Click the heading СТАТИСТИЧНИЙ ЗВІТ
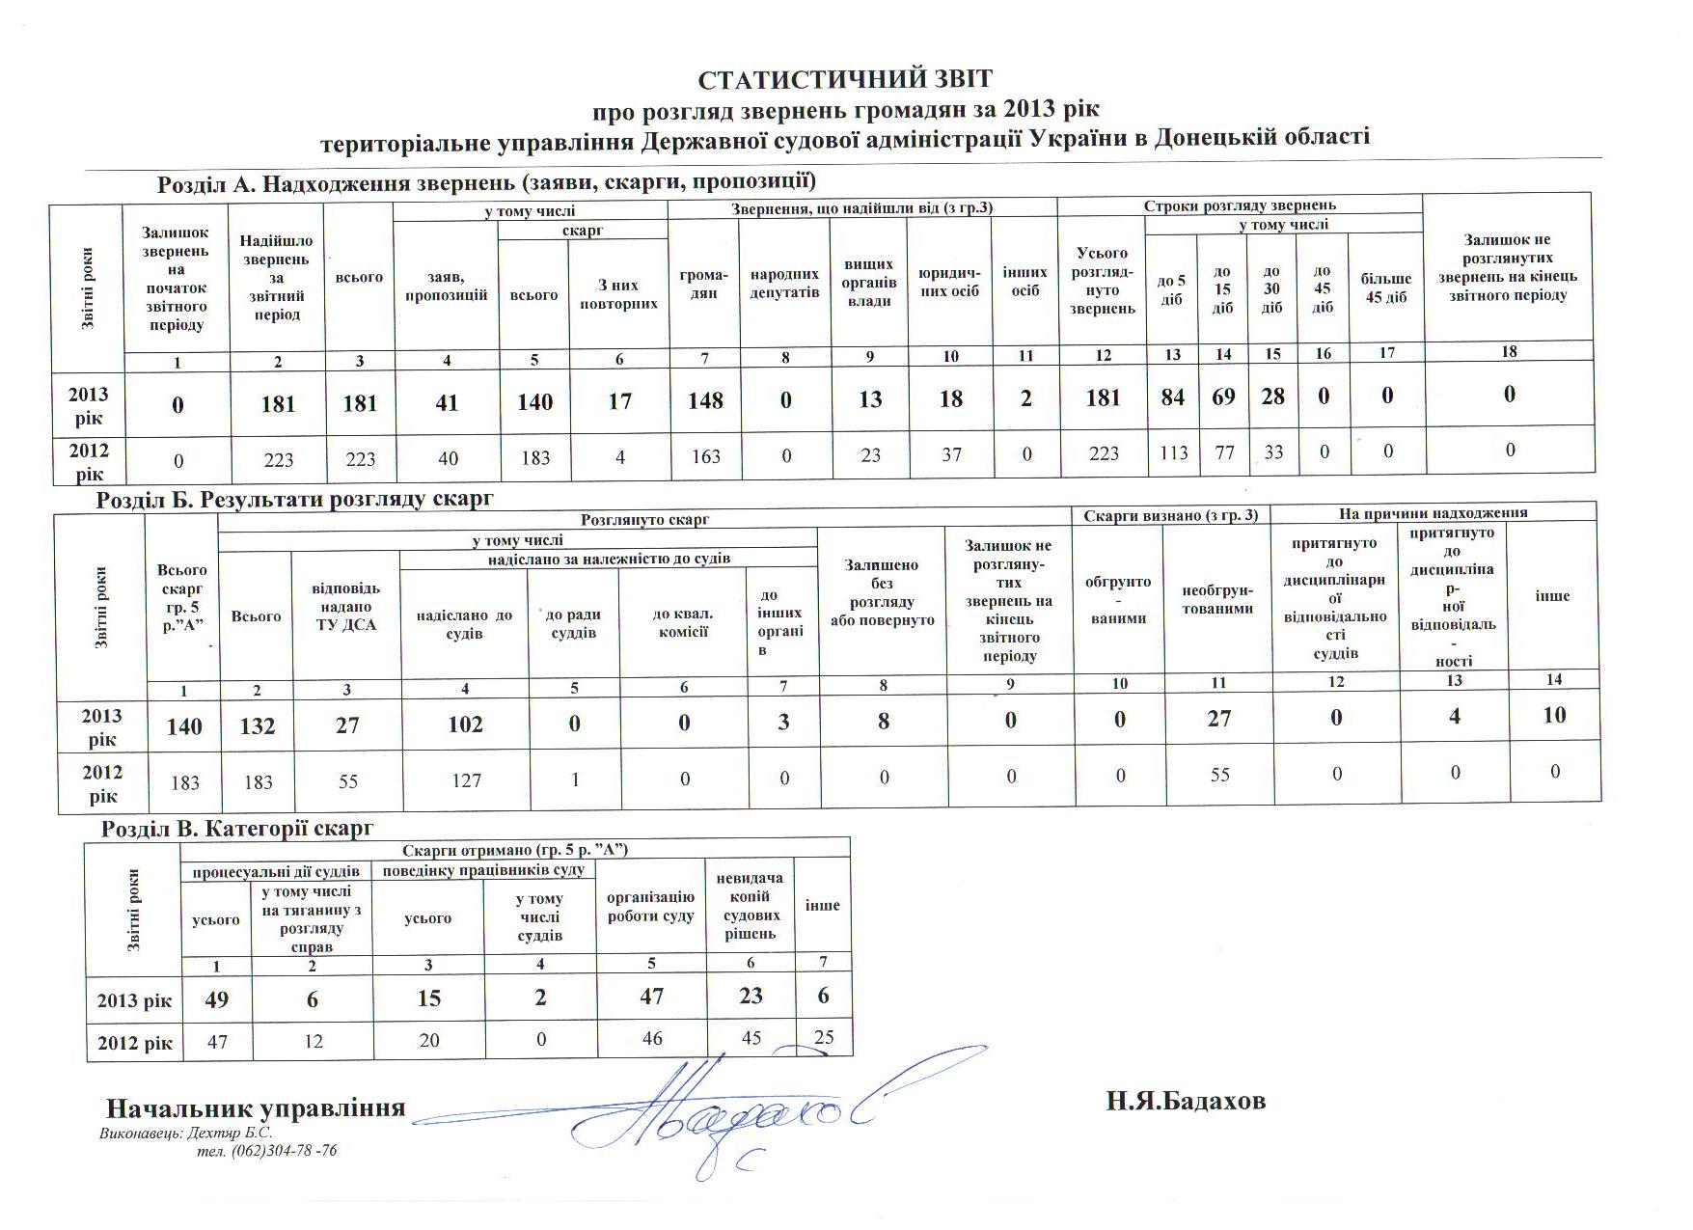pyautogui.click(x=845, y=79)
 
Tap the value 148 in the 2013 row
pyautogui.click(x=705, y=399)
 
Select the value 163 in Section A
pyautogui.click(x=706, y=455)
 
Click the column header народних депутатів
pyautogui.click(x=785, y=284)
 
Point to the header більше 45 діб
pyautogui.click(x=1386, y=287)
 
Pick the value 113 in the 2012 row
pyautogui.click(x=1173, y=453)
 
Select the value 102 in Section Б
pyautogui.click(x=465, y=724)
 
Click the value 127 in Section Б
pyautogui.click(x=466, y=779)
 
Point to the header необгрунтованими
pyautogui.click(x=1218, y=599)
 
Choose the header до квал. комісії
pyautogui.click(x=683, y=623)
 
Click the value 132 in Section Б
pyautogui.click(x=258, y=726)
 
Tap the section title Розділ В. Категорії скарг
pyautogui.click(x=237, y=829)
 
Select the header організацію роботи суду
pyautogui.click(x=651, y=906)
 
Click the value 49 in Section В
pyautogui.click(x=216, y=998)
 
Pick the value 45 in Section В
pyautogui.click(x=751, y=1038)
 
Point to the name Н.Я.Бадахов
pyautogui.click(x=1186, y=1102)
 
